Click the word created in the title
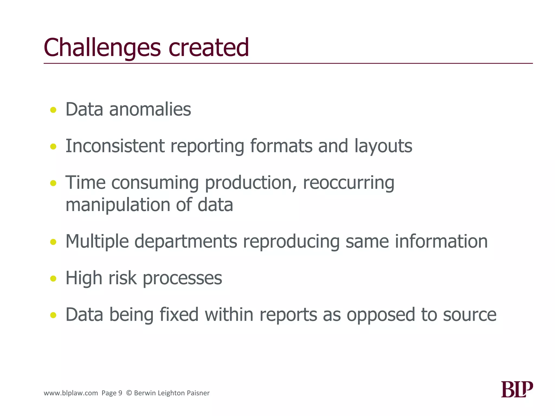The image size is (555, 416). tap(208, 48)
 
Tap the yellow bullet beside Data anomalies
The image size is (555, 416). tap(53, 110)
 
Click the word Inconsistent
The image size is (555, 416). tap(115, 146)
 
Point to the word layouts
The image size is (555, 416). tap(383, 147)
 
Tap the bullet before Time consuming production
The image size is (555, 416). tap(53, 183)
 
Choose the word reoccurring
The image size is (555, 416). tap(349, 183)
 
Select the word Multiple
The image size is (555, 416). tap(97, 241)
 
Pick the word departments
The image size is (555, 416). tap(186, 241)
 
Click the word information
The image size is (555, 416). tap(441, 241)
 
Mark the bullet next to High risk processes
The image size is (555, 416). tap(53, 278)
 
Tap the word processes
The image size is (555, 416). tap(182, 278)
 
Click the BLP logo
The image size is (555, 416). tap(517, 389)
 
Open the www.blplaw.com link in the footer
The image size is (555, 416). tap(71, 393)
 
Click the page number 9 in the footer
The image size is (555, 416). tap(120, 393)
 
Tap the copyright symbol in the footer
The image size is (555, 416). tap(129, 393)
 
